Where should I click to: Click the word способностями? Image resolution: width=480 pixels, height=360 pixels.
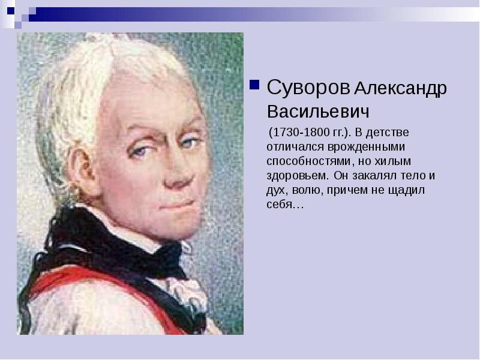(305, 161)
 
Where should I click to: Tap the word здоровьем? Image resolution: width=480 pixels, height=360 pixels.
(297, 176)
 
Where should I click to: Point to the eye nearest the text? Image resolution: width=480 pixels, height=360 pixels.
(190, 143)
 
